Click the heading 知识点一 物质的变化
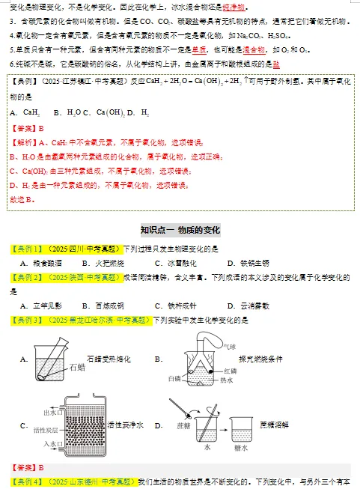[180, 229]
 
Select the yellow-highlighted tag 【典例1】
[26, 249]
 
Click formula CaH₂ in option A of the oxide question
[31, 113]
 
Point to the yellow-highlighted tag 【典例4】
[26, 480]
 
